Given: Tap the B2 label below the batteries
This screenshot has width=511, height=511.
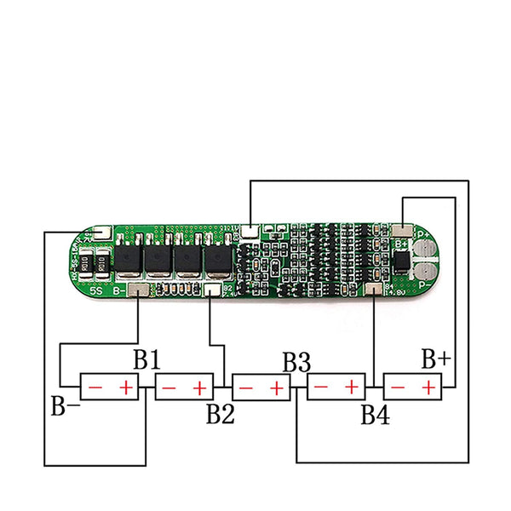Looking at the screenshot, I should [219, 415].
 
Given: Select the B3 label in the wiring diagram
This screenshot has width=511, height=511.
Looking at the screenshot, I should [296, 360].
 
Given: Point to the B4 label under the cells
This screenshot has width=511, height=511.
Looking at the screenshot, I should [375, 415].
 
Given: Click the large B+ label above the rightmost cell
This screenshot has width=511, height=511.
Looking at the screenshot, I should [435, 359].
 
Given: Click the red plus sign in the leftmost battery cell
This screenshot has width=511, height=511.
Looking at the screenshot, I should [126, 388].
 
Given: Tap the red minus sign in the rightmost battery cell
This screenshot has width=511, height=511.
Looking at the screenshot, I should [398, 388].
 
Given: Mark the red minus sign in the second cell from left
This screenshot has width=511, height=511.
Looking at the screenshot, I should [169, 388].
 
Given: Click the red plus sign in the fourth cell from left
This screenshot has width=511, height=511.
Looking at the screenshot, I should [351, 388].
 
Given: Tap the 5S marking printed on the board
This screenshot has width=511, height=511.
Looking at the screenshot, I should [97, 291].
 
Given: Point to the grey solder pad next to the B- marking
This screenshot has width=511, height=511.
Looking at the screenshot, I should [140, 291].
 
